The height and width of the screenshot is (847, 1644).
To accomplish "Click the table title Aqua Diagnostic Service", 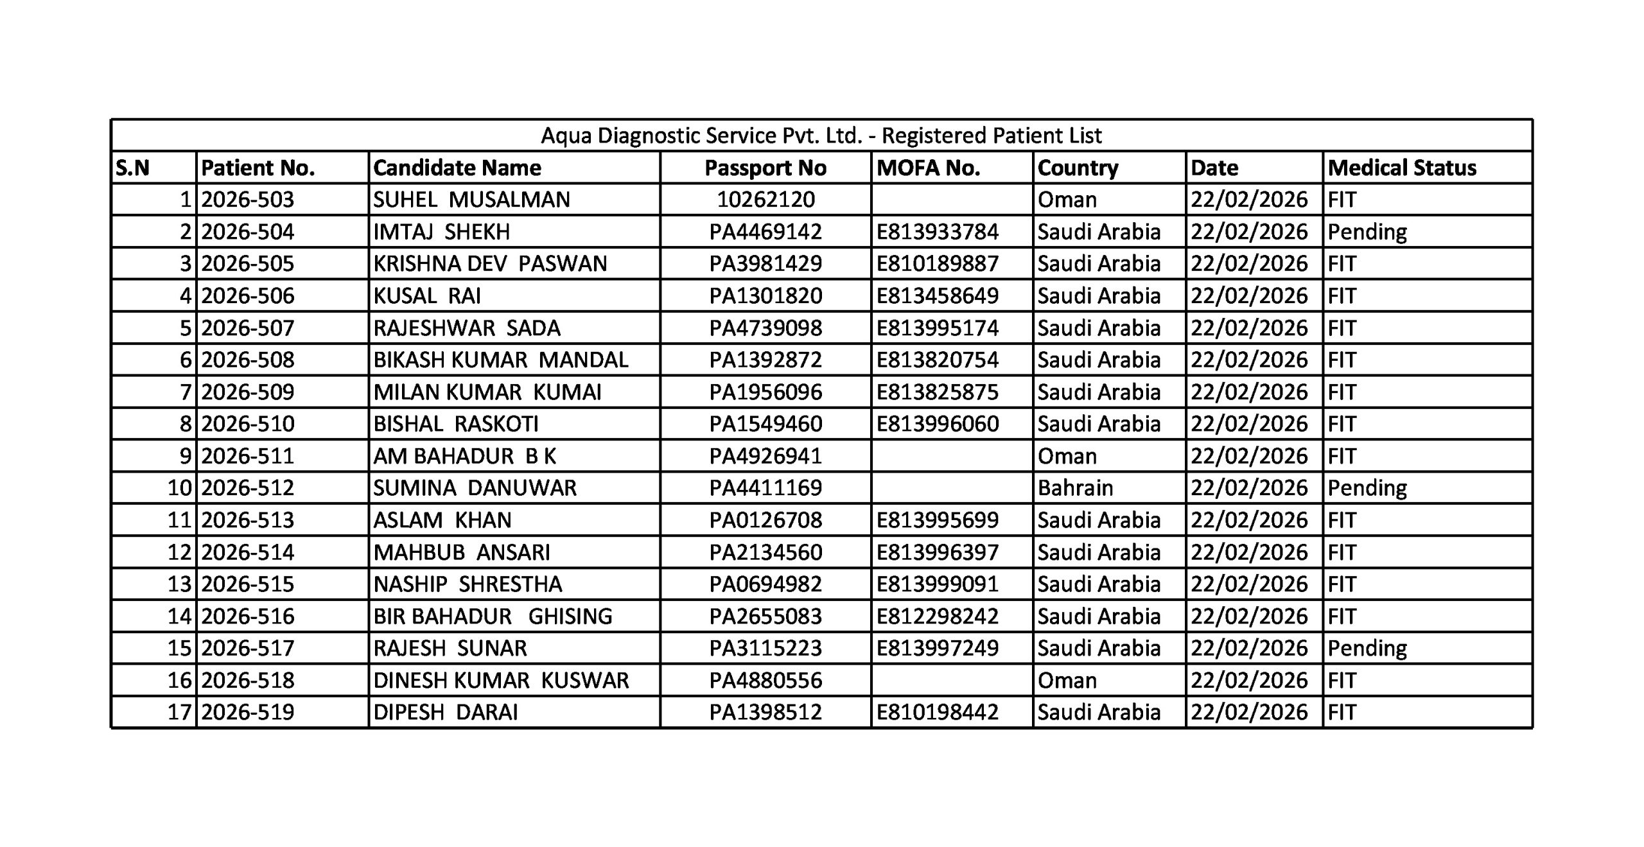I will [x=821, y=135].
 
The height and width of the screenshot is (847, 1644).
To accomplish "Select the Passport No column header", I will [x=765, y=168].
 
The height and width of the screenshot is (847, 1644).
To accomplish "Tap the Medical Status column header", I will [x=1402, y=168].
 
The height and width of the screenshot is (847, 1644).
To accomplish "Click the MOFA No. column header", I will [x=928, y=168].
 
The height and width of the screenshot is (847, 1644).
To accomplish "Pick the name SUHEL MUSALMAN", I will [x=471, y=200].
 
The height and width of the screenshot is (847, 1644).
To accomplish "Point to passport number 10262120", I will [x=765, y=200].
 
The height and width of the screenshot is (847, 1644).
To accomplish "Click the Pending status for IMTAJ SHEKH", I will [x=1367, y=232].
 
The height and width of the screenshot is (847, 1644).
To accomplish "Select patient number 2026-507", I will [x=247, y=328].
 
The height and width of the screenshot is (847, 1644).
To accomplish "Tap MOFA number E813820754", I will [x=937, y=360].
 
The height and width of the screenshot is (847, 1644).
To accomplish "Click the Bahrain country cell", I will [x=1075, y=488].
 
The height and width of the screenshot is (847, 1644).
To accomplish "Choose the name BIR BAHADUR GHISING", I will [x=493, y=616].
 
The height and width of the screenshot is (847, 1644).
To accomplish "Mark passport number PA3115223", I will [x=765, y=648].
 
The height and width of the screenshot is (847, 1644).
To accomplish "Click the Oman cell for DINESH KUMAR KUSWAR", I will [x=1067, y=680].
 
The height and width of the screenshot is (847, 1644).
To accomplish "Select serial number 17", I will [x=179, y=712].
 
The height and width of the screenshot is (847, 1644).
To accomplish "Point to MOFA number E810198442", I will [x=937, y=712].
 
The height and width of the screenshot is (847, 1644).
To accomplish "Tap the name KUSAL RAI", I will [x=427, y=296].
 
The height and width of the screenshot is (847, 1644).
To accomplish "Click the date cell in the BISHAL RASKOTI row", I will [x=1248, y=424].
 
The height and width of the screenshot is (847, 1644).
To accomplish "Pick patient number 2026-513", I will [x=247, y=520].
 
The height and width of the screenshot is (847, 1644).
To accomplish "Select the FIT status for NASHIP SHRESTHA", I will [x=1342, y=584].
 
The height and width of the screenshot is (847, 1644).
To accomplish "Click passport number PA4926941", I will [x=765, y=456].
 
